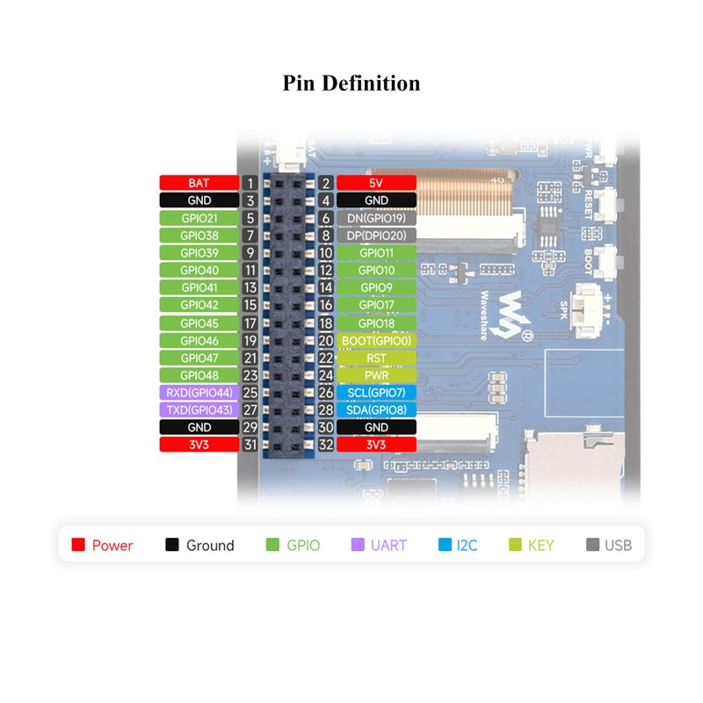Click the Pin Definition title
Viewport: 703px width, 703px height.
point(351,83)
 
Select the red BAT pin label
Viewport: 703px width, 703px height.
point(199,183)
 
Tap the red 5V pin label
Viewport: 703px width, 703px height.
point(375,183)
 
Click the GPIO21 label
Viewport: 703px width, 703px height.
point(199,218)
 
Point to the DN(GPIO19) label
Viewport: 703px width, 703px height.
point(375,218)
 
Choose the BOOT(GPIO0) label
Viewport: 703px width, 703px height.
point(375,340)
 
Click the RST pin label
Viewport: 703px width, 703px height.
point(375,358)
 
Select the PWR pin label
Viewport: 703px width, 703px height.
point(375,375)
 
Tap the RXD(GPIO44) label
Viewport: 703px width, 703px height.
point(199,393)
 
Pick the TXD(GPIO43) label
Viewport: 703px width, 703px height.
point(199,410)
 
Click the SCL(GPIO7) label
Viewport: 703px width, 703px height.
point(375,393)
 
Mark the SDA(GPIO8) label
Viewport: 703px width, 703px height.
point(375,410)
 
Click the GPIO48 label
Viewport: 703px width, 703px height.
point(199,375)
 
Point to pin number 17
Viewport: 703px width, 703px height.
point(250,323)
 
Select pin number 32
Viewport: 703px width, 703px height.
point(325,445)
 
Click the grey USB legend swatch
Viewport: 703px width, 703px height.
point(592,545)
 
